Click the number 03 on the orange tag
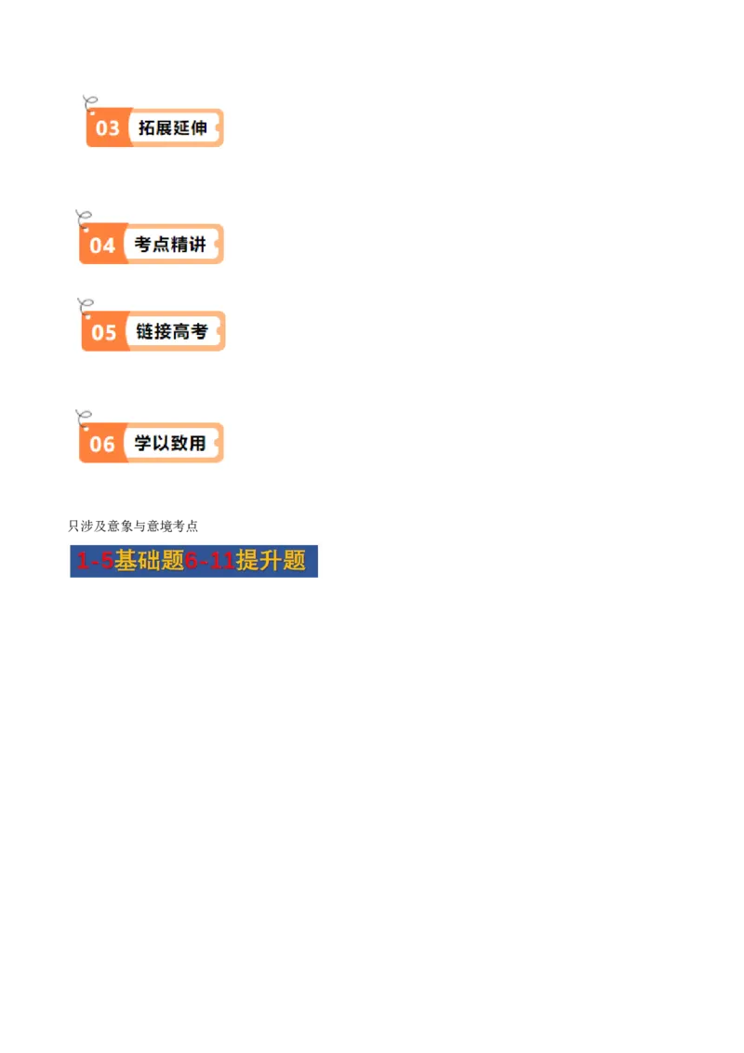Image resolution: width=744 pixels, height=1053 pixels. point(107,128)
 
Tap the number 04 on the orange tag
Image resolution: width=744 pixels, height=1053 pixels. point(102,246)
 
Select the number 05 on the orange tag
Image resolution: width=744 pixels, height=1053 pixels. point(103,332)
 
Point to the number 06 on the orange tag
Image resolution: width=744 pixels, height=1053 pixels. point(102,444)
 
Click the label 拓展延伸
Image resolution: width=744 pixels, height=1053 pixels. point(172,127)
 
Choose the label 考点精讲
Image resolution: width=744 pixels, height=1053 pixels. point(170,245)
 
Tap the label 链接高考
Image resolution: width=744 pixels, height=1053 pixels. point(171,331)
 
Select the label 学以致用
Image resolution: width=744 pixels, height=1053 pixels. point(170,443)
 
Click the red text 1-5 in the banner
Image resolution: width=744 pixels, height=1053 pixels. point(95,561)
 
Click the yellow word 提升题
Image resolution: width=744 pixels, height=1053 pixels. point(271,561)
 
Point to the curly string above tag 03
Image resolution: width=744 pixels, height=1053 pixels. point(90,101)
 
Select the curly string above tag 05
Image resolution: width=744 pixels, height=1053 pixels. point(86,305)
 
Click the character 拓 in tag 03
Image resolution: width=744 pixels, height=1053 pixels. point(146,127)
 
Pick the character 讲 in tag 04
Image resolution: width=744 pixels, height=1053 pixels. point(196,245)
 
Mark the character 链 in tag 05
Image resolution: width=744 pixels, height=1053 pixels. point(145,331)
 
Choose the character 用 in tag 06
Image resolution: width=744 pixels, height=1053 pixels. point(196,443)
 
